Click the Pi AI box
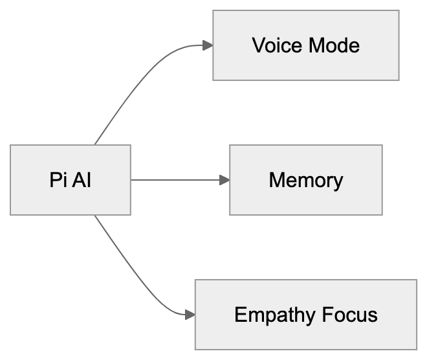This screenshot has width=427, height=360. pyautogui.click(x=70, y=180)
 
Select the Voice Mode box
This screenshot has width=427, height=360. pyautogui.click(x=305, y=45)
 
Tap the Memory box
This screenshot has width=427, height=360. pyautogui.click(x=305, y=180)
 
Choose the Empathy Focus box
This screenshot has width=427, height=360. pyautogui.click(x=305, y=315)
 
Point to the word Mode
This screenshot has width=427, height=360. pyautogui.click(x=333, y=46)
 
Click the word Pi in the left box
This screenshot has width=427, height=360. pyautogui.click(x=58, y=180)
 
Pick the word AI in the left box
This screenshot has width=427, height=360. pyautogui.click(x=81, y=180)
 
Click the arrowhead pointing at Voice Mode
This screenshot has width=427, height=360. pyautogui.click(x=208, y=45)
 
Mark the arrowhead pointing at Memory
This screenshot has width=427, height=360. pyautogui.click(x=224, y=180)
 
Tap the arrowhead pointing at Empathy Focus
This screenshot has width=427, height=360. pyautogui.click(x=190, y=315)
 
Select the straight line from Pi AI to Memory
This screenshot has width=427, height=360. pyautogui.click(x=175, y=180)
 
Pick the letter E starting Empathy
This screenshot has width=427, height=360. pyautogui.click(x=240, y=315)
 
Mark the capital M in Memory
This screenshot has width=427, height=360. pyautogui.click(x=276, y=180)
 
